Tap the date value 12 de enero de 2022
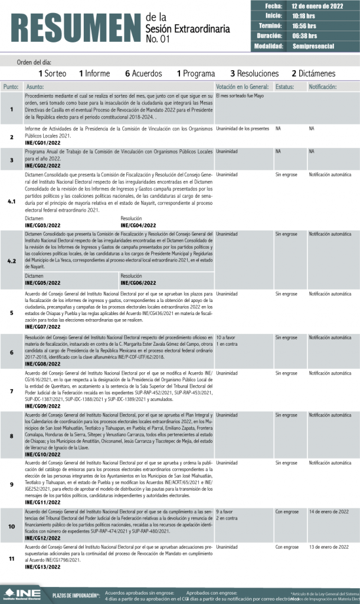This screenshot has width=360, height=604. [x=318, y=6]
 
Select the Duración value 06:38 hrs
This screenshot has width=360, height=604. [x=305, y=36]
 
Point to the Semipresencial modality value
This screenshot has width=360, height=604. [x=313, y=46]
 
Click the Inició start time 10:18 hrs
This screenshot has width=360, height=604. [x=304, y=16]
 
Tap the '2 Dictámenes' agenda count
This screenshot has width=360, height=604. [x=313, y=74]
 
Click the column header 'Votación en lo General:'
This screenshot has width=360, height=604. [x=242, y=87]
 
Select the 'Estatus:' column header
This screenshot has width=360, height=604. [x=284, y=87]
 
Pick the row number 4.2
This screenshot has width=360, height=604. [x=12, y=260]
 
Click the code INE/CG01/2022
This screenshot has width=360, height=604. [x=43, y=143]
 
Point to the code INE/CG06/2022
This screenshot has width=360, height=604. [x=138, y=283]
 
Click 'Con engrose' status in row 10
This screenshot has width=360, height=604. [x=287, y=511]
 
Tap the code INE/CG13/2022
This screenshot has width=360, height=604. [x=43, y=567]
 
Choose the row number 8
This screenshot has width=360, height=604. [x=12, y=435]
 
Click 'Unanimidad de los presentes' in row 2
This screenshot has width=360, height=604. [x=243, y=128]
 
